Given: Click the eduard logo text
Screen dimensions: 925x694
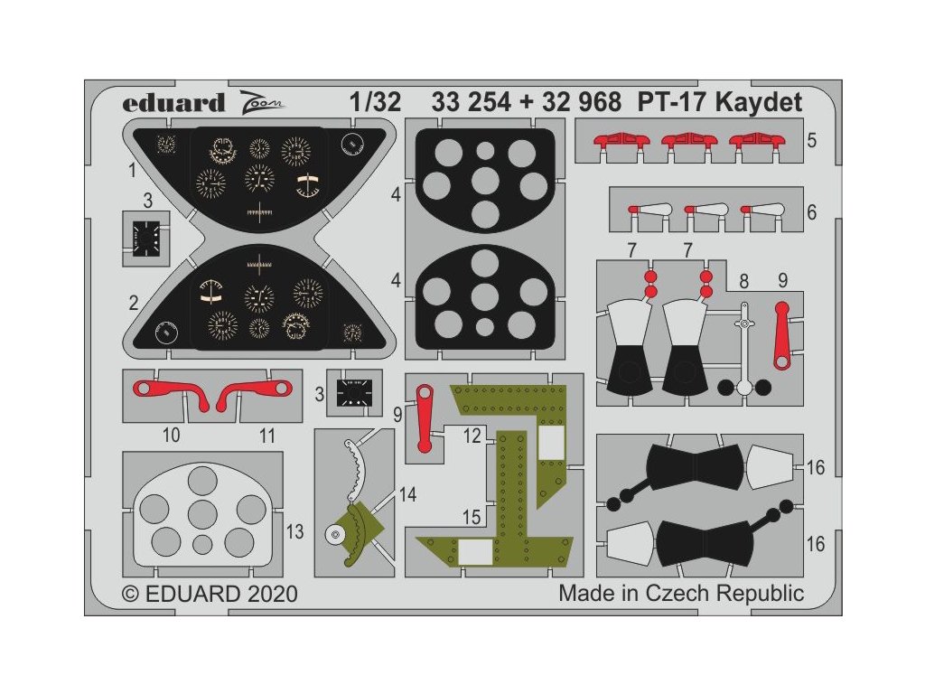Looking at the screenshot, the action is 173,103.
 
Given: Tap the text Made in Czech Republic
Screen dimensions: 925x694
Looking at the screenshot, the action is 680,594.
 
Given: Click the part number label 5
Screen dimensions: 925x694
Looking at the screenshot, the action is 812,141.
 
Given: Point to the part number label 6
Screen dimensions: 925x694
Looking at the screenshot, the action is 812,213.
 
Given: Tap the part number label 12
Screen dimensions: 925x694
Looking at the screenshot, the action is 473,434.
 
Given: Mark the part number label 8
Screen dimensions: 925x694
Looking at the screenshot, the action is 743,280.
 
